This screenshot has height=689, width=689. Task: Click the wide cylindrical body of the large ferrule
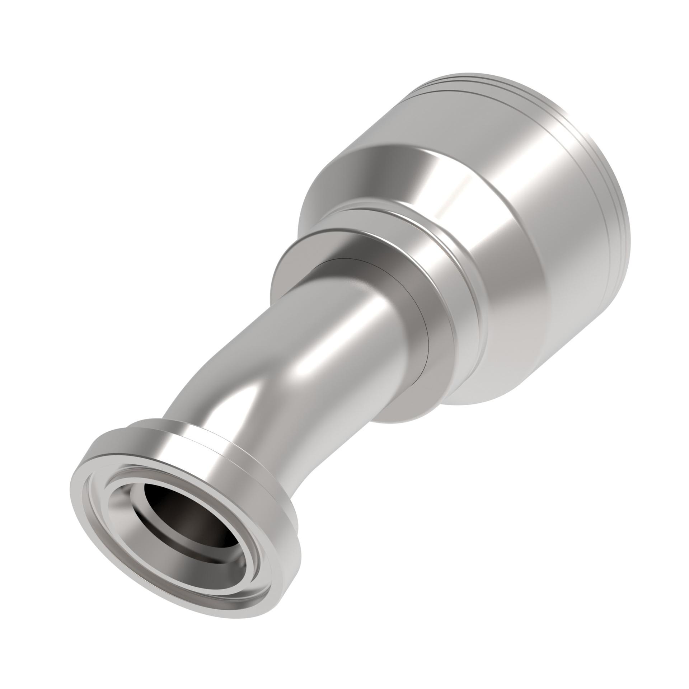click(x=520, y=215)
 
